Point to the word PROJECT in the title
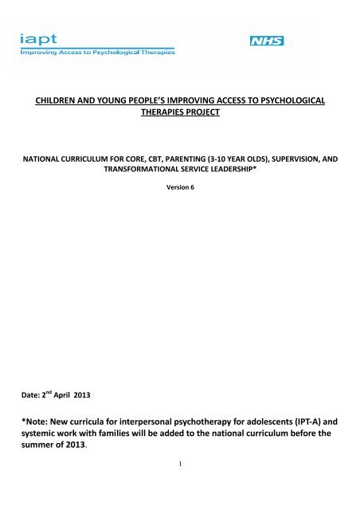(x=205, y=114)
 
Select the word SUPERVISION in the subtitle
(x=293, y=159)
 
